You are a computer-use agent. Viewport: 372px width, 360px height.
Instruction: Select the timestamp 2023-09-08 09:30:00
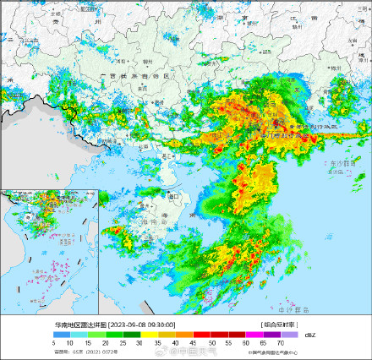point(142,325)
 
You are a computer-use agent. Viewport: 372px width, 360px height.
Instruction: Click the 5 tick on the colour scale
point(54,342)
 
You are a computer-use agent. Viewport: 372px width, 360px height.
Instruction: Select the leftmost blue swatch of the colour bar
point(61,335)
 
